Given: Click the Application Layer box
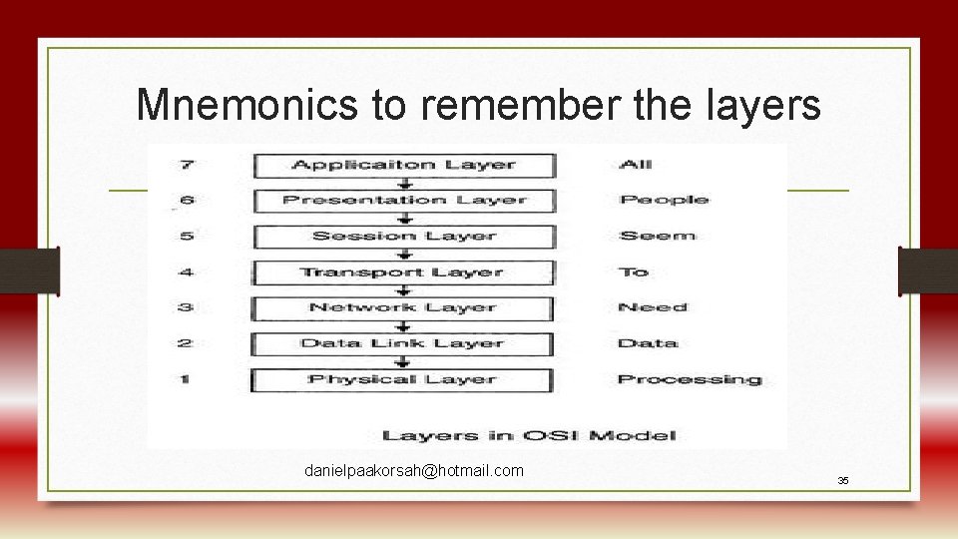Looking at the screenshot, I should pos(403,165).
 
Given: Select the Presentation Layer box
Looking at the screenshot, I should pos(403,201).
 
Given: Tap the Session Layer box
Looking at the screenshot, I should pos(403,237).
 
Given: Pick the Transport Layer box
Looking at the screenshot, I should pos(403,272).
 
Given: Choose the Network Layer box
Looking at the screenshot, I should pos(403,308).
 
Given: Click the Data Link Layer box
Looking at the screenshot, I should pos(403,344).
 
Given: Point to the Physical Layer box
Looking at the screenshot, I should pos(403,380).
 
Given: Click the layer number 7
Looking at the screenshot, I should pos(187,165).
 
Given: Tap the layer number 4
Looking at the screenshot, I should pos(187,272).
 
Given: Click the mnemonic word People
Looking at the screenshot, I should pos(664,200).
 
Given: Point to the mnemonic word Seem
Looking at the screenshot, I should pos(657,237).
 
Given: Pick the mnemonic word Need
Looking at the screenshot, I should pos(653,307).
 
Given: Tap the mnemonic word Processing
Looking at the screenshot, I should pos(689,380).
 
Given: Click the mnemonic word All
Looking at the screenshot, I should pos(636,165).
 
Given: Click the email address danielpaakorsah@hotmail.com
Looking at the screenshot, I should pos(414,470).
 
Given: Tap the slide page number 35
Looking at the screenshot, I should pos(843,481).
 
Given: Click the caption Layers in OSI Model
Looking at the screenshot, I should pos(529,434).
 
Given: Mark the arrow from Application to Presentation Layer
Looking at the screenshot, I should pos(404,183).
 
